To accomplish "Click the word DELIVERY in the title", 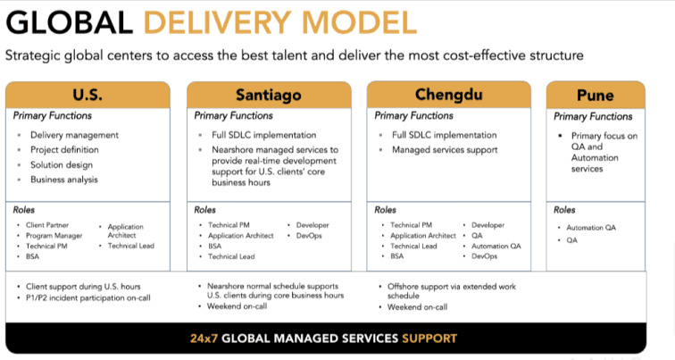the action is coord(219,22).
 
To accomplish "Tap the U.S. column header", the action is coord(87,95).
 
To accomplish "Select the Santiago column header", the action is coord(269,96).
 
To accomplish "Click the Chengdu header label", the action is coord(448,95).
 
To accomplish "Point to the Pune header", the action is coord(596,96).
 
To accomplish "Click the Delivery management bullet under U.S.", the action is coord(74,135).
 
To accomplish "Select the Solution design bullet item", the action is coord(62,165).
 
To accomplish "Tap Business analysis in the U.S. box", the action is coord(64,180).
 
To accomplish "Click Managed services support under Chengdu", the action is coord(445,150).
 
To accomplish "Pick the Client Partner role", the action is coord(47,225).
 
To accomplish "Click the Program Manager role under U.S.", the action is coord(54,236).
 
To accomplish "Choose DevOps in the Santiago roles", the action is coord(309,236).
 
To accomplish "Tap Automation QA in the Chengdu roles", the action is coord(496,246).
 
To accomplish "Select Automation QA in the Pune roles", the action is coord(591,228).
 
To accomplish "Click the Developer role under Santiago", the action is coord(312,225).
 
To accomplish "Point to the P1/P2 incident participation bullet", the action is coord(88,297).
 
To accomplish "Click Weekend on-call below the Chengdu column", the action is coord(418,307).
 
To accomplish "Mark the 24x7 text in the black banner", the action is coord(204,339).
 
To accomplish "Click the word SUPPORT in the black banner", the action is coord(429,339).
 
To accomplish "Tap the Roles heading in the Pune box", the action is coord(564,210).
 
